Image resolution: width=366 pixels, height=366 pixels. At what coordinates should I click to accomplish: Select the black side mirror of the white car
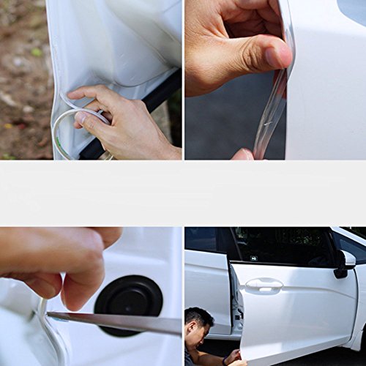pos(342,264)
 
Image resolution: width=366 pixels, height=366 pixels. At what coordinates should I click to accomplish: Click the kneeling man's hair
pos(198,318)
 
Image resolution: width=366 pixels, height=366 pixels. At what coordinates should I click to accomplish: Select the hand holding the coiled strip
pos(124,117)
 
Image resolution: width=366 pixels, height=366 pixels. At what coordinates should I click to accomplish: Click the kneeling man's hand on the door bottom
pos(232,357)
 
